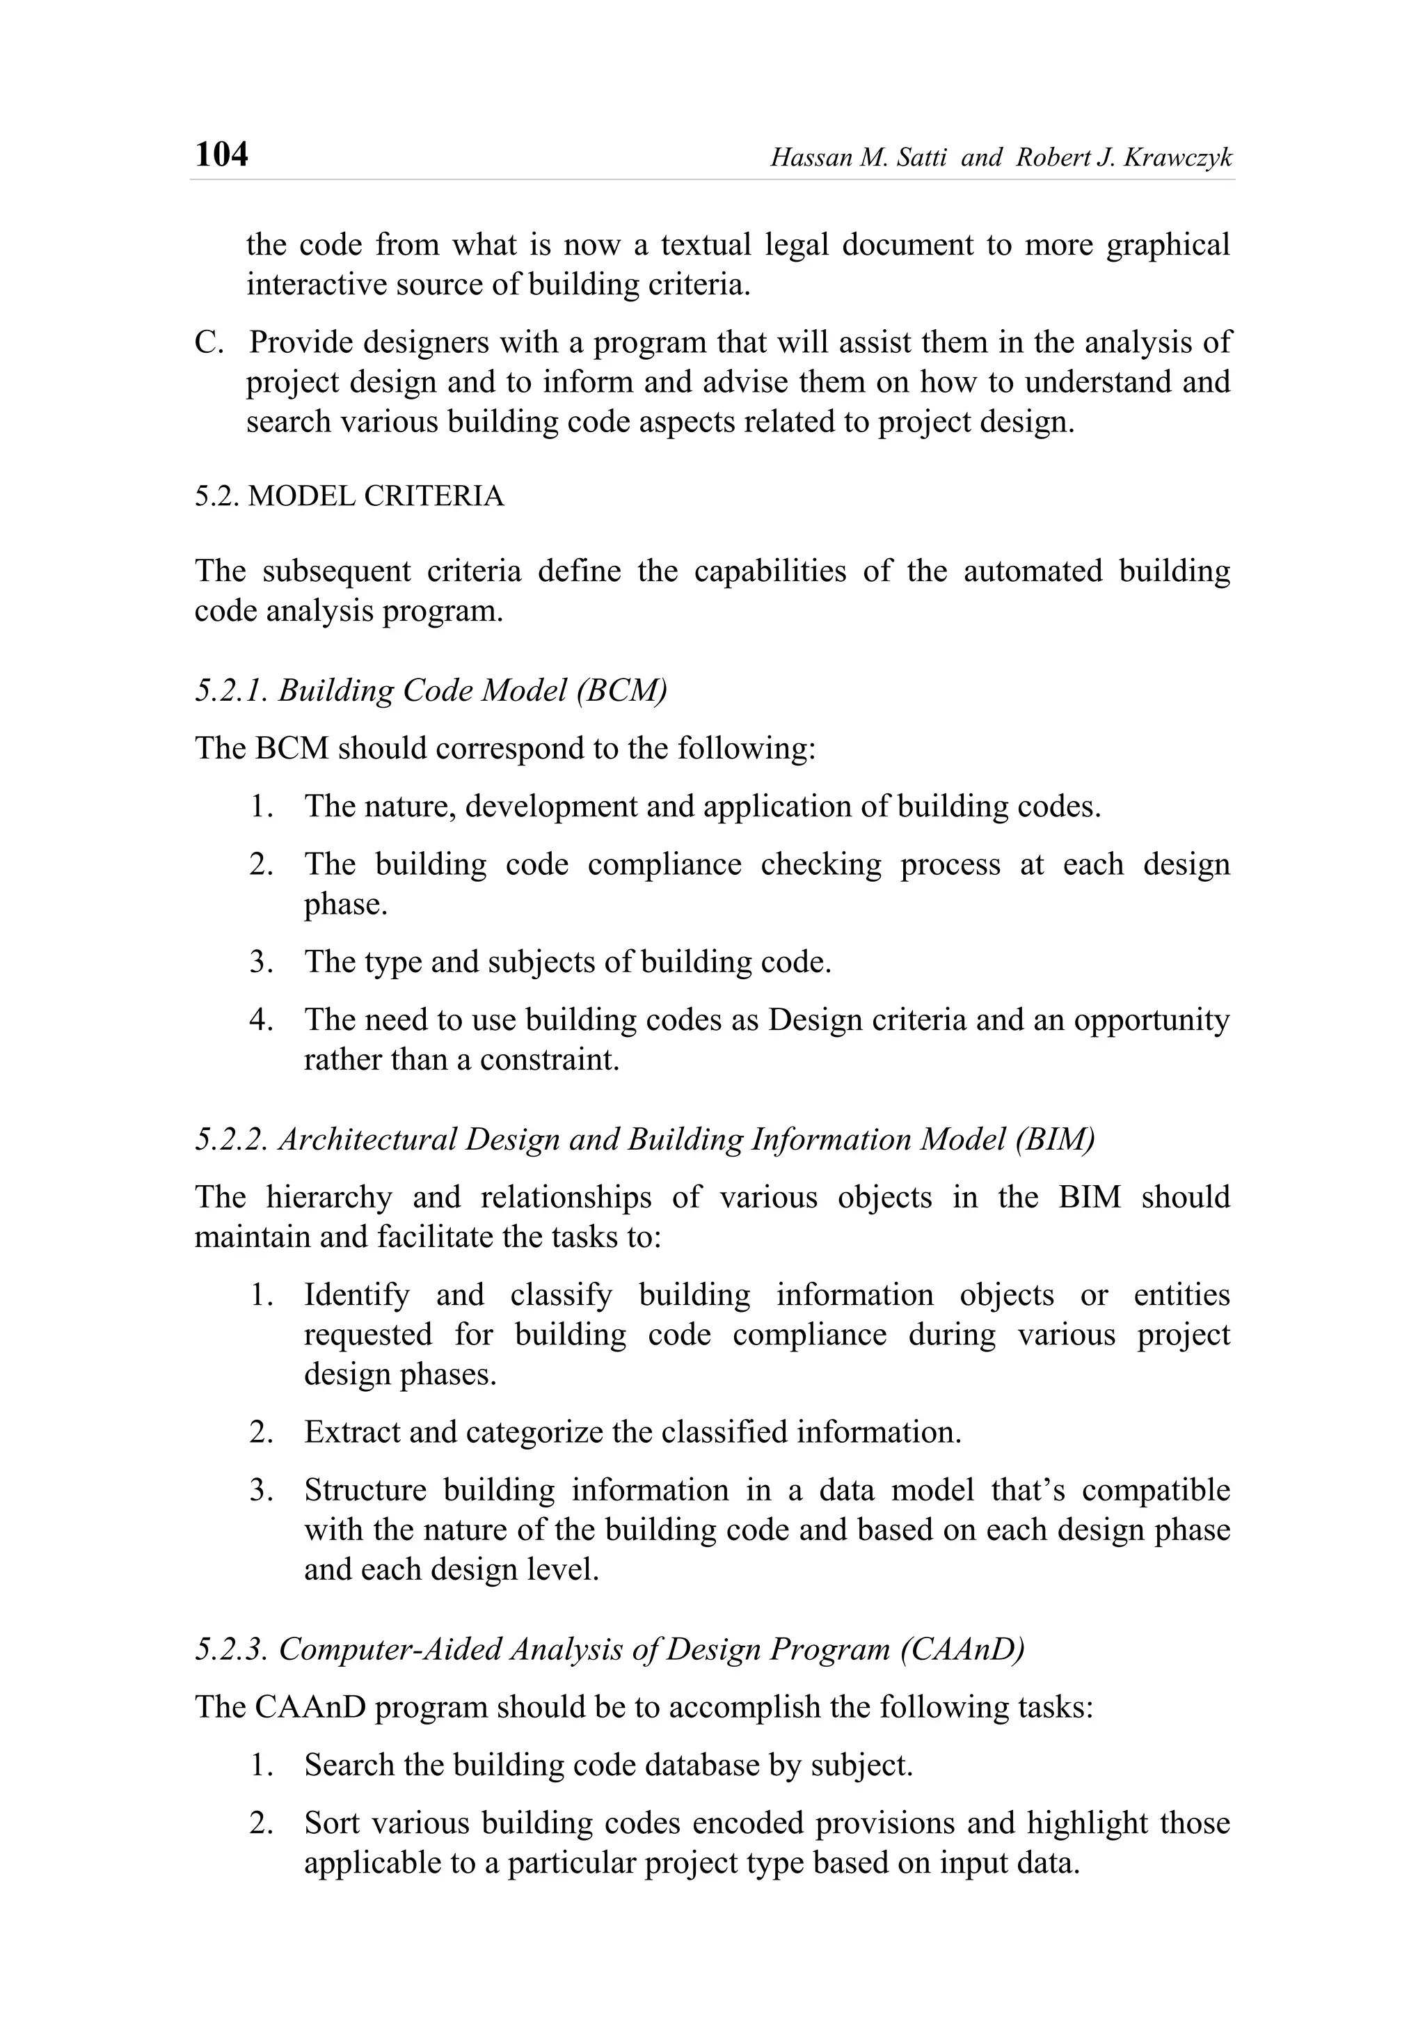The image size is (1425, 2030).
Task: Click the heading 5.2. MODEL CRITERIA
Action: (x=349, y=496)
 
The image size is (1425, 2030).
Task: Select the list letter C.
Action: (x=209, y=343)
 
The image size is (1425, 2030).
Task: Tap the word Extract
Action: (x=349, y=1432)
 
